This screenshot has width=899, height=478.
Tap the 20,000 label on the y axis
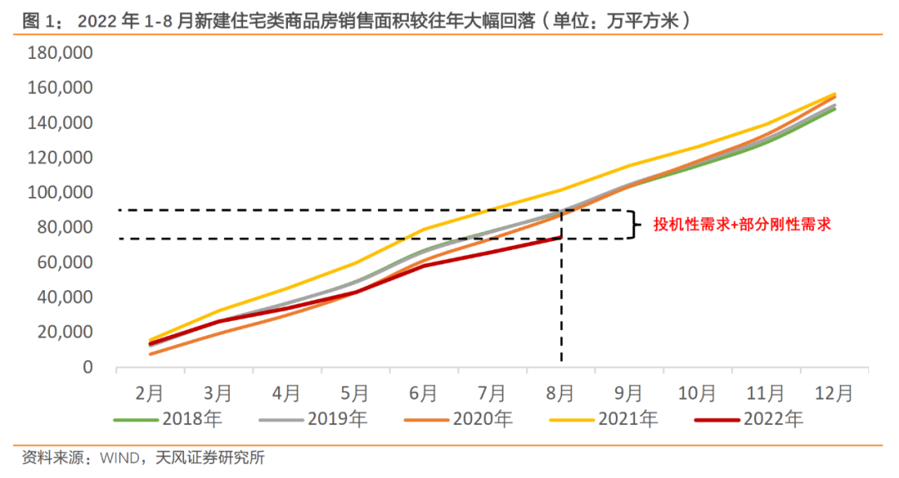pos(65,333)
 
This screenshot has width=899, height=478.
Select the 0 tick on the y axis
pos(87,367)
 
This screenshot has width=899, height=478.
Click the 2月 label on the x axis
pos(149,392)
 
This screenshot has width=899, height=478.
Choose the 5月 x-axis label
pos(355,392)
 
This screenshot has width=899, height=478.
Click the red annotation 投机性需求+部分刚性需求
pos(743,224)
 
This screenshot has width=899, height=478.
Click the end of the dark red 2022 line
pos(561,238)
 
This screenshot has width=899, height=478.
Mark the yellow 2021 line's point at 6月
pos(424,229)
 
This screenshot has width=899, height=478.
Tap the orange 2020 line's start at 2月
pos(150,354)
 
